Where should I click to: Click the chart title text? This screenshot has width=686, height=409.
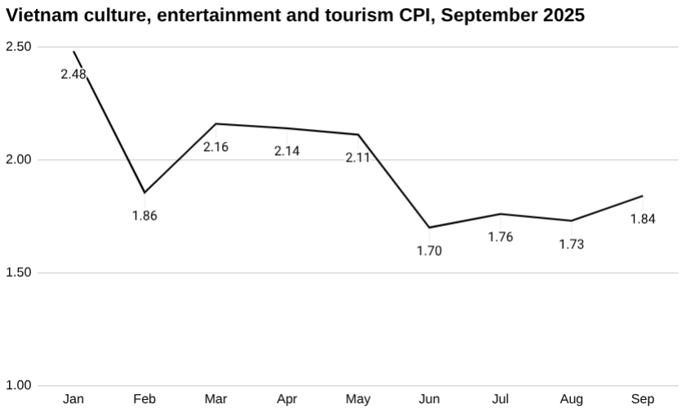pos(295,16)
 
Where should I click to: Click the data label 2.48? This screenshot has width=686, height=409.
pos(73,73)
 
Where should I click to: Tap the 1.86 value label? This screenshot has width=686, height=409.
pos(144,216)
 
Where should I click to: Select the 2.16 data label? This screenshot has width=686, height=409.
pos(215,148)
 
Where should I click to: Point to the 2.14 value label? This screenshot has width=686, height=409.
pos(287,151)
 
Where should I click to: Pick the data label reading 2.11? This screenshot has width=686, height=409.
pos(358,158)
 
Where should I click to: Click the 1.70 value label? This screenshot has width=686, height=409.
pos(429,251)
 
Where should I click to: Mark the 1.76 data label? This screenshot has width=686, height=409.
pos(500,238)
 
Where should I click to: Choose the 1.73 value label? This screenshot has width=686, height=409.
pos(571,244)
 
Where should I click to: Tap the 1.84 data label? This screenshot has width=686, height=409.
pos(643,219)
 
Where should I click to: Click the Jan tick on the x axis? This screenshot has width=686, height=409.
pos(73,399)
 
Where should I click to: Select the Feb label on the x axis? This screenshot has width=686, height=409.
pos(144,399)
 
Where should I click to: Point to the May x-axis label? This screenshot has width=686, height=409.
pos(358,399)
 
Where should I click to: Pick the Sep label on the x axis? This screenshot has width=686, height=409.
pos(643,399)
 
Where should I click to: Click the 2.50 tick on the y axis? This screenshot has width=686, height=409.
pos(18,47)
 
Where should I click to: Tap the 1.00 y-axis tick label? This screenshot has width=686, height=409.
pos(18,385)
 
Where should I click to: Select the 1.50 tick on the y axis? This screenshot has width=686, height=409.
pos(18,273)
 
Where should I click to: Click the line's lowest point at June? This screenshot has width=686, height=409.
pos(429,228)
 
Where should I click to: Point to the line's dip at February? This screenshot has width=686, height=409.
pos(144,193)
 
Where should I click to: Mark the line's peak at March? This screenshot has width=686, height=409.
pos(215,124)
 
